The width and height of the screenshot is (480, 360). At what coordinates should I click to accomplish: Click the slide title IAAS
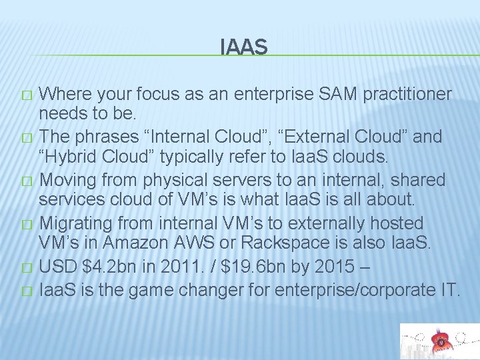pyautogui.click(x=243, y=47)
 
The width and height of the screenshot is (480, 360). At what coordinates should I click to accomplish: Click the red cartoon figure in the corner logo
pyautogui.click(x=439, y=342)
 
